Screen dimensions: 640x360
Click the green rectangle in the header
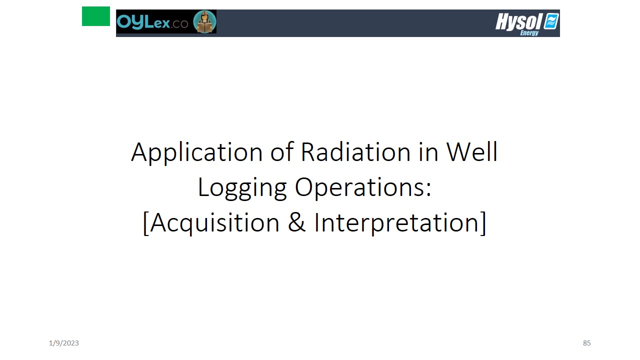(95, 16)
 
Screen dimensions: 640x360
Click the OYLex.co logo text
(152, 22)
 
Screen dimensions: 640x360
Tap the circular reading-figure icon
(204, 21)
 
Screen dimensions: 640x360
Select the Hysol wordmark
(518, 21)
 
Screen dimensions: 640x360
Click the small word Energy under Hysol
(529, 33)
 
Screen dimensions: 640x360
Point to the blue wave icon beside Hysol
(551, 21)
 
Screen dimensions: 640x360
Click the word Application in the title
(196, 153)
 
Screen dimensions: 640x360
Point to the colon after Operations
(428, 189)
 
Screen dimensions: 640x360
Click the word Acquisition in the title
(214, 223)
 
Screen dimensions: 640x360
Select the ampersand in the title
(296, 222)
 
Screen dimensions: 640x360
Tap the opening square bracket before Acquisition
(145, 223)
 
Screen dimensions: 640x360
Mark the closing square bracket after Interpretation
(483, 223)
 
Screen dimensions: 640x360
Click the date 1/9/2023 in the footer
(63, 343)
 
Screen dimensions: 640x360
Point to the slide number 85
(586, 343)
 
